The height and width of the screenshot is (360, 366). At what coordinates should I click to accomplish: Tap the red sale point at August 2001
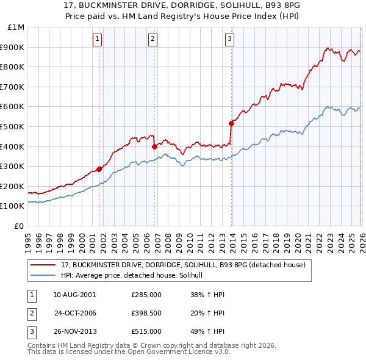(x=99, y=169)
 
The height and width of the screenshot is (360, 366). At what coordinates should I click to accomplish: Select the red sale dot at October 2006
(x=155, y=146)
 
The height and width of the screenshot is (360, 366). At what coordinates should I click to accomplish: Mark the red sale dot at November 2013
(x=232, y=123)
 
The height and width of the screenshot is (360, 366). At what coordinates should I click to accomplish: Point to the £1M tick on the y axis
(x=16, y=27)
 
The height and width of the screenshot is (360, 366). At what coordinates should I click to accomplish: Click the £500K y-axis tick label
(x=13, y=126)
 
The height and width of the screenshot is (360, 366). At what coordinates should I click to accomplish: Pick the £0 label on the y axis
(x=20, y=226)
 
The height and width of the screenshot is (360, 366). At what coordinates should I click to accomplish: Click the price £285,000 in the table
(x=146, y=295)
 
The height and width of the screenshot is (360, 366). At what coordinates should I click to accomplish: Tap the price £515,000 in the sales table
(x=146, y=331)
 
